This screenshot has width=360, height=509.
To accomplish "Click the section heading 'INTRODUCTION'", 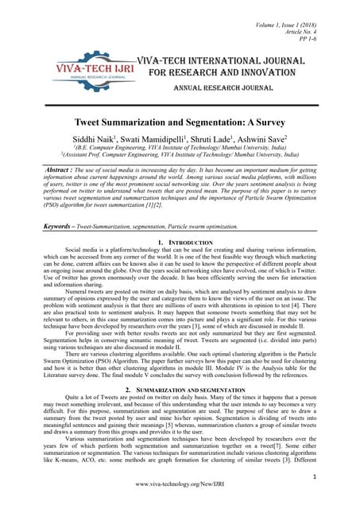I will coord(195,241).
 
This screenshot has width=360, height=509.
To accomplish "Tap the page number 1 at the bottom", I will coord(337,476).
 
